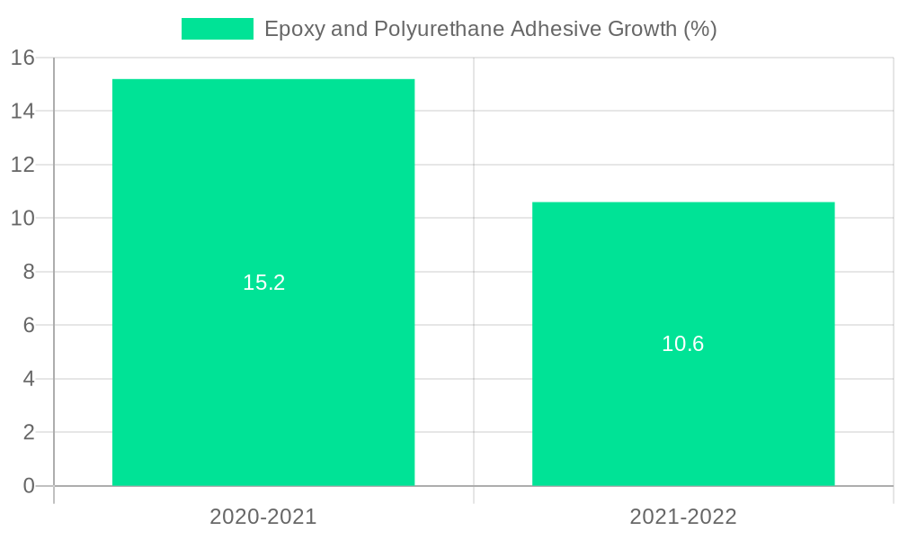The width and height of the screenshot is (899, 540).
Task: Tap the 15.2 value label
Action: coord(263,283)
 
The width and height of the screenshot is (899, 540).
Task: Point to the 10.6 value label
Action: coord(683,344)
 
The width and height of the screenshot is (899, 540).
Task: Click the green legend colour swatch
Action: coord(218,29)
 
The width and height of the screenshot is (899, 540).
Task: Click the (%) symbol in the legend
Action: coord(700,29)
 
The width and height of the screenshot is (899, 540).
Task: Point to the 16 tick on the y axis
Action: coord(22,58)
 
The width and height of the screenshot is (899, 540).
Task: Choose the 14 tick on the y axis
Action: coord(22,112)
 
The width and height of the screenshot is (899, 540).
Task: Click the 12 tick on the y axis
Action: coord(22,165)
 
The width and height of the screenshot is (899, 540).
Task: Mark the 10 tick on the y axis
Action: coord(22,219)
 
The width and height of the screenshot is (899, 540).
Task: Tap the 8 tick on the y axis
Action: coord(29,272)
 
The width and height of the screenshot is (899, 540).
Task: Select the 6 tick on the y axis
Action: coord(29,325)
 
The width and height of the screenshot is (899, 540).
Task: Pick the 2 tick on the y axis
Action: coord(29,432)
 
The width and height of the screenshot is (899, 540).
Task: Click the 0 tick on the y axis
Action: coord(29,486)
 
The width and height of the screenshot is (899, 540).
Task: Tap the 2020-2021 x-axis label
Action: coord(263,517)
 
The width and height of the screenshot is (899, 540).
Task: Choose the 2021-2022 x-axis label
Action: coord(683,517)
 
